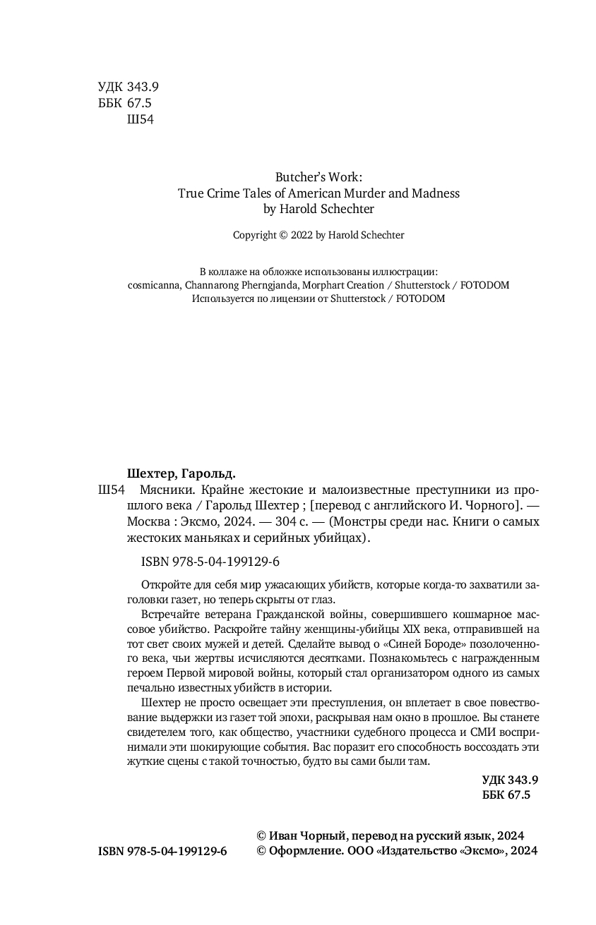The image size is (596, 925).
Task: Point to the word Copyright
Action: point(255,236)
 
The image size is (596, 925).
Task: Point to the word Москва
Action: point(148,523)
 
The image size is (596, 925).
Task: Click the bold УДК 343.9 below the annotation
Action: point(510,780)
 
